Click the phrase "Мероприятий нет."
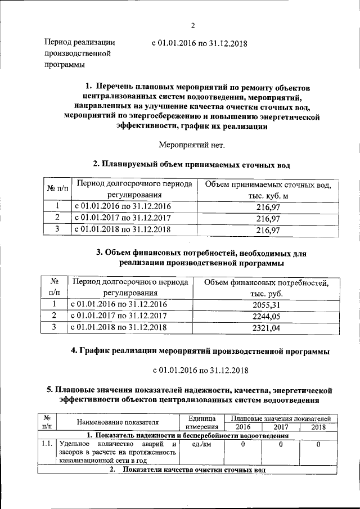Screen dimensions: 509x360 click(x=191, y=145)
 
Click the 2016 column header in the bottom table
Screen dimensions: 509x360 click(x=242, y=427)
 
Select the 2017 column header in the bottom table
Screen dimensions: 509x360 click(x=280, y=427)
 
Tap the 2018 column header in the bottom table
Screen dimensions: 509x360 click(x=318, y=427)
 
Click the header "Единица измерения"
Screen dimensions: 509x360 click(x=200, y=422)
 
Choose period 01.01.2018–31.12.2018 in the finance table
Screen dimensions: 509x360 click(x=119, y=326)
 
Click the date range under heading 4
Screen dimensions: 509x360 click(x=201, y=370)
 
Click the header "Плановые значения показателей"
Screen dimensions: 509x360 click(x=281, y=418)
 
